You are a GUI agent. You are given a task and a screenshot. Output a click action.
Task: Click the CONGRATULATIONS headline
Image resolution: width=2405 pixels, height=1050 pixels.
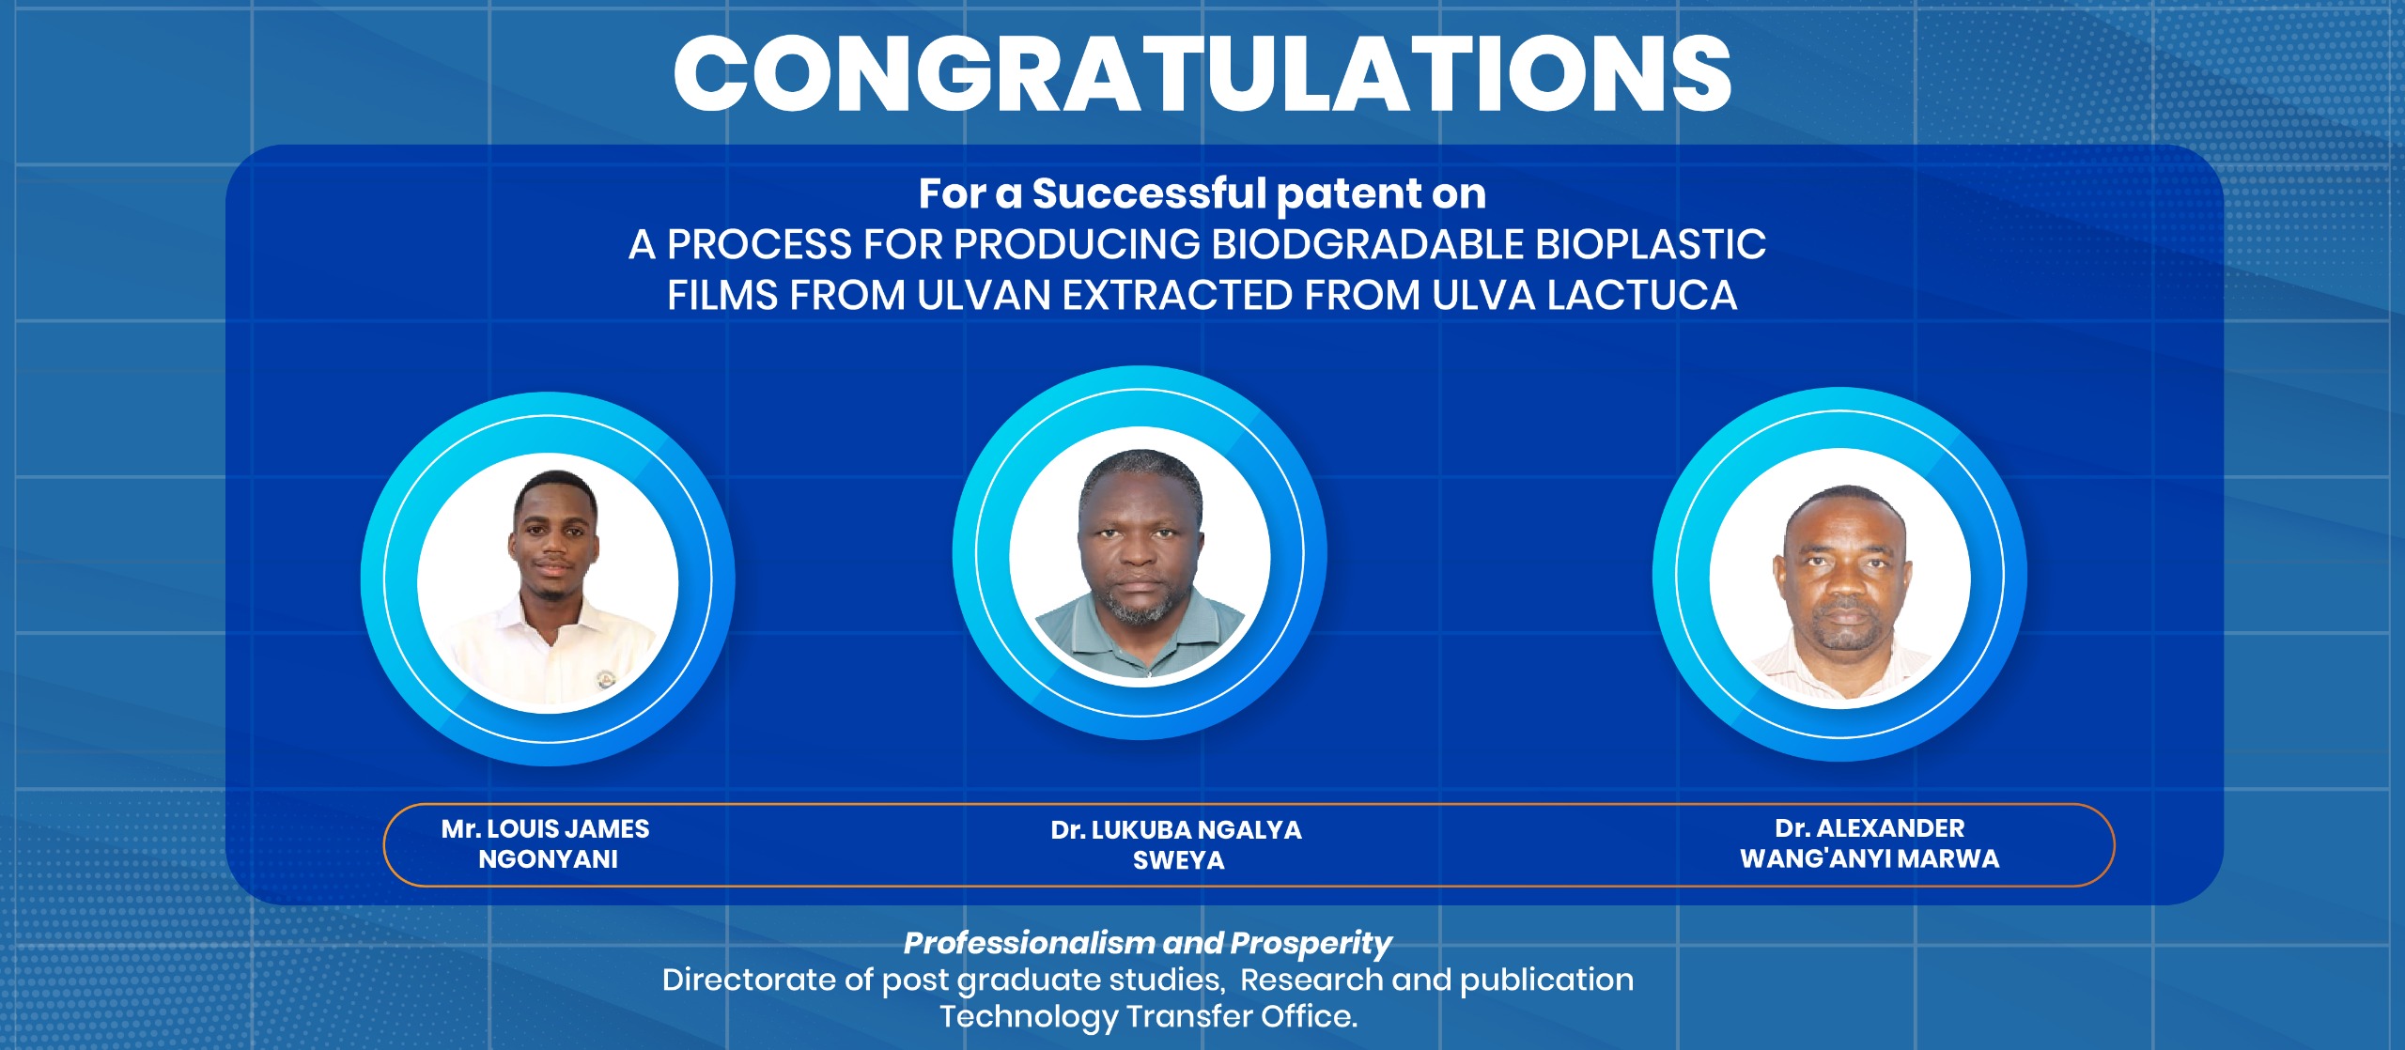point(1202,73)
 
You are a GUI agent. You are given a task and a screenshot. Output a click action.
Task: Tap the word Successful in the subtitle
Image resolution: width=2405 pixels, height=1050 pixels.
point(1149,193)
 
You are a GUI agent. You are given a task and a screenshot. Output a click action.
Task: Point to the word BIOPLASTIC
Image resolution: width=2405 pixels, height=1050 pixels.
point(1651,244)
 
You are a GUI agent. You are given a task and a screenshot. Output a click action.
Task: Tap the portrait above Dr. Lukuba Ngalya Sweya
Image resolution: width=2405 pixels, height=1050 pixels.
point(1140,557)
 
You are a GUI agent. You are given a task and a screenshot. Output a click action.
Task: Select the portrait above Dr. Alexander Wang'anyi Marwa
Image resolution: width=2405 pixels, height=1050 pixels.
point(1839,579)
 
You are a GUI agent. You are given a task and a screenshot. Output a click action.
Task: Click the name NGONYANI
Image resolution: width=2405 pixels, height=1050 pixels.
point(549,859)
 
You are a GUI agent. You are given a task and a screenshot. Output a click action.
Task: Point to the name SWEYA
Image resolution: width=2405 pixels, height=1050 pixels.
point(1179,860)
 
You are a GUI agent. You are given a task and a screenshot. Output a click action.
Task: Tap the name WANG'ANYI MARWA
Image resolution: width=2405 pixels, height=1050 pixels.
point(1870,858)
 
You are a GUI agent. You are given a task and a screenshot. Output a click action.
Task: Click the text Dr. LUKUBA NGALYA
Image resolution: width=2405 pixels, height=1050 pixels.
point(1176,830)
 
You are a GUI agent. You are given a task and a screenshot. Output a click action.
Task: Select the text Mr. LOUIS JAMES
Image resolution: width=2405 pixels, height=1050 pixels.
point(545,828)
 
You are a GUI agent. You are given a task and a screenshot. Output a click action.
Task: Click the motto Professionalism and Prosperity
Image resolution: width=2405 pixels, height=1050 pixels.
point(1147,943)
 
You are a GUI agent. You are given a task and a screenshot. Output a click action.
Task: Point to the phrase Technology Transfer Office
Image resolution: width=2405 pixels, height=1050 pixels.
point(1149,1016)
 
